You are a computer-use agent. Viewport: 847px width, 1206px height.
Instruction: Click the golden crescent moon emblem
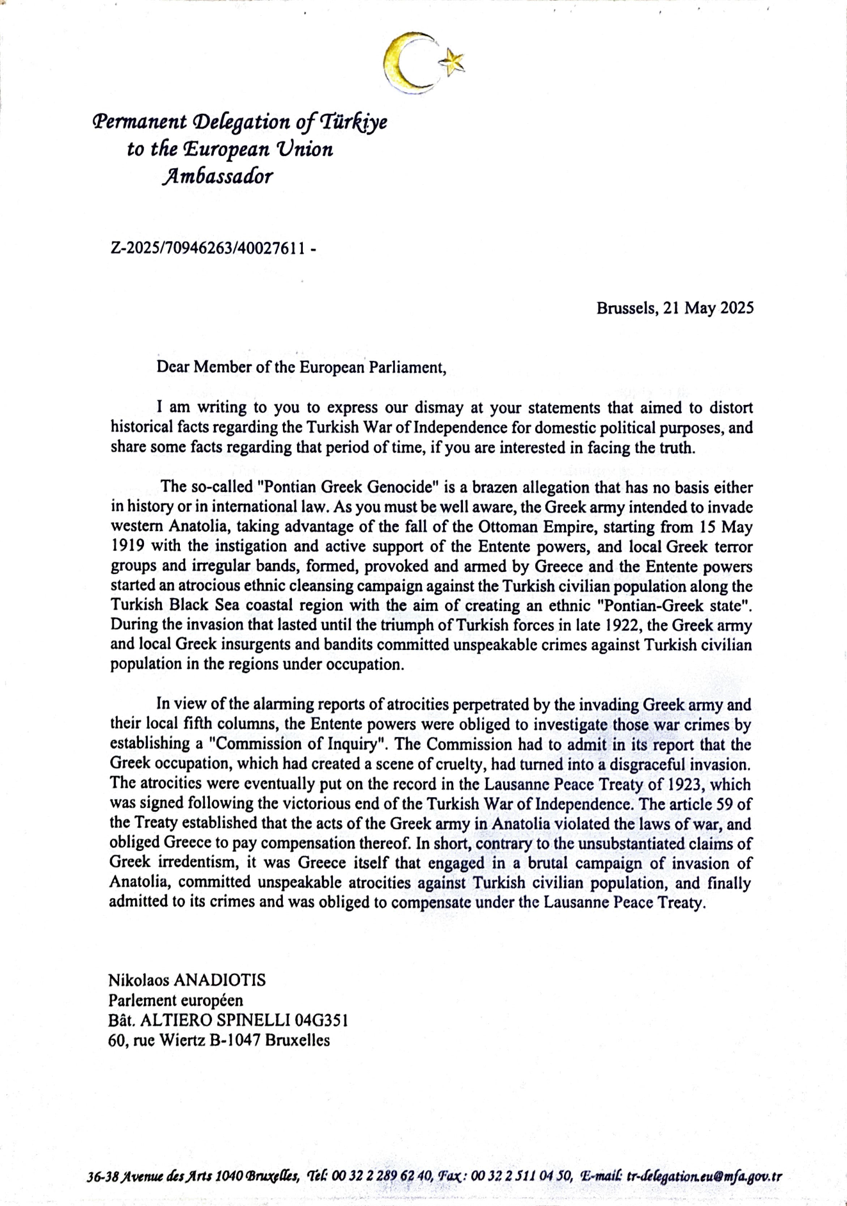[405, 63]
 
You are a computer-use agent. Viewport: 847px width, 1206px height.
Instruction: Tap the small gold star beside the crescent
[453, 62]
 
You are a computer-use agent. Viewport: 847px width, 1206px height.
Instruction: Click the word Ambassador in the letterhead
[218, 177]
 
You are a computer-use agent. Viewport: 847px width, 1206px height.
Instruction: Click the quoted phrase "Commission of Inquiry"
[300, 745]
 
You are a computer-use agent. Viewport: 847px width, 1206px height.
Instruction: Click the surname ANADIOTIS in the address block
[220, 980]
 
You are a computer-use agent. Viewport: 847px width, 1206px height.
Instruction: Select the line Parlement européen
[176, 1000]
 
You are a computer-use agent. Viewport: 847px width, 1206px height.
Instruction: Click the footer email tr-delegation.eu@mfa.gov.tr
[704, 1177]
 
